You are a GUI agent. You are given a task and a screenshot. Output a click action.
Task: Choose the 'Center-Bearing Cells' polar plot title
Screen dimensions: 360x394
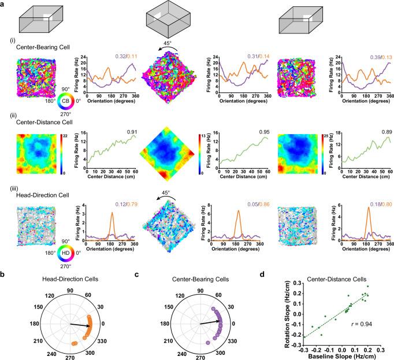pos(185,281)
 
